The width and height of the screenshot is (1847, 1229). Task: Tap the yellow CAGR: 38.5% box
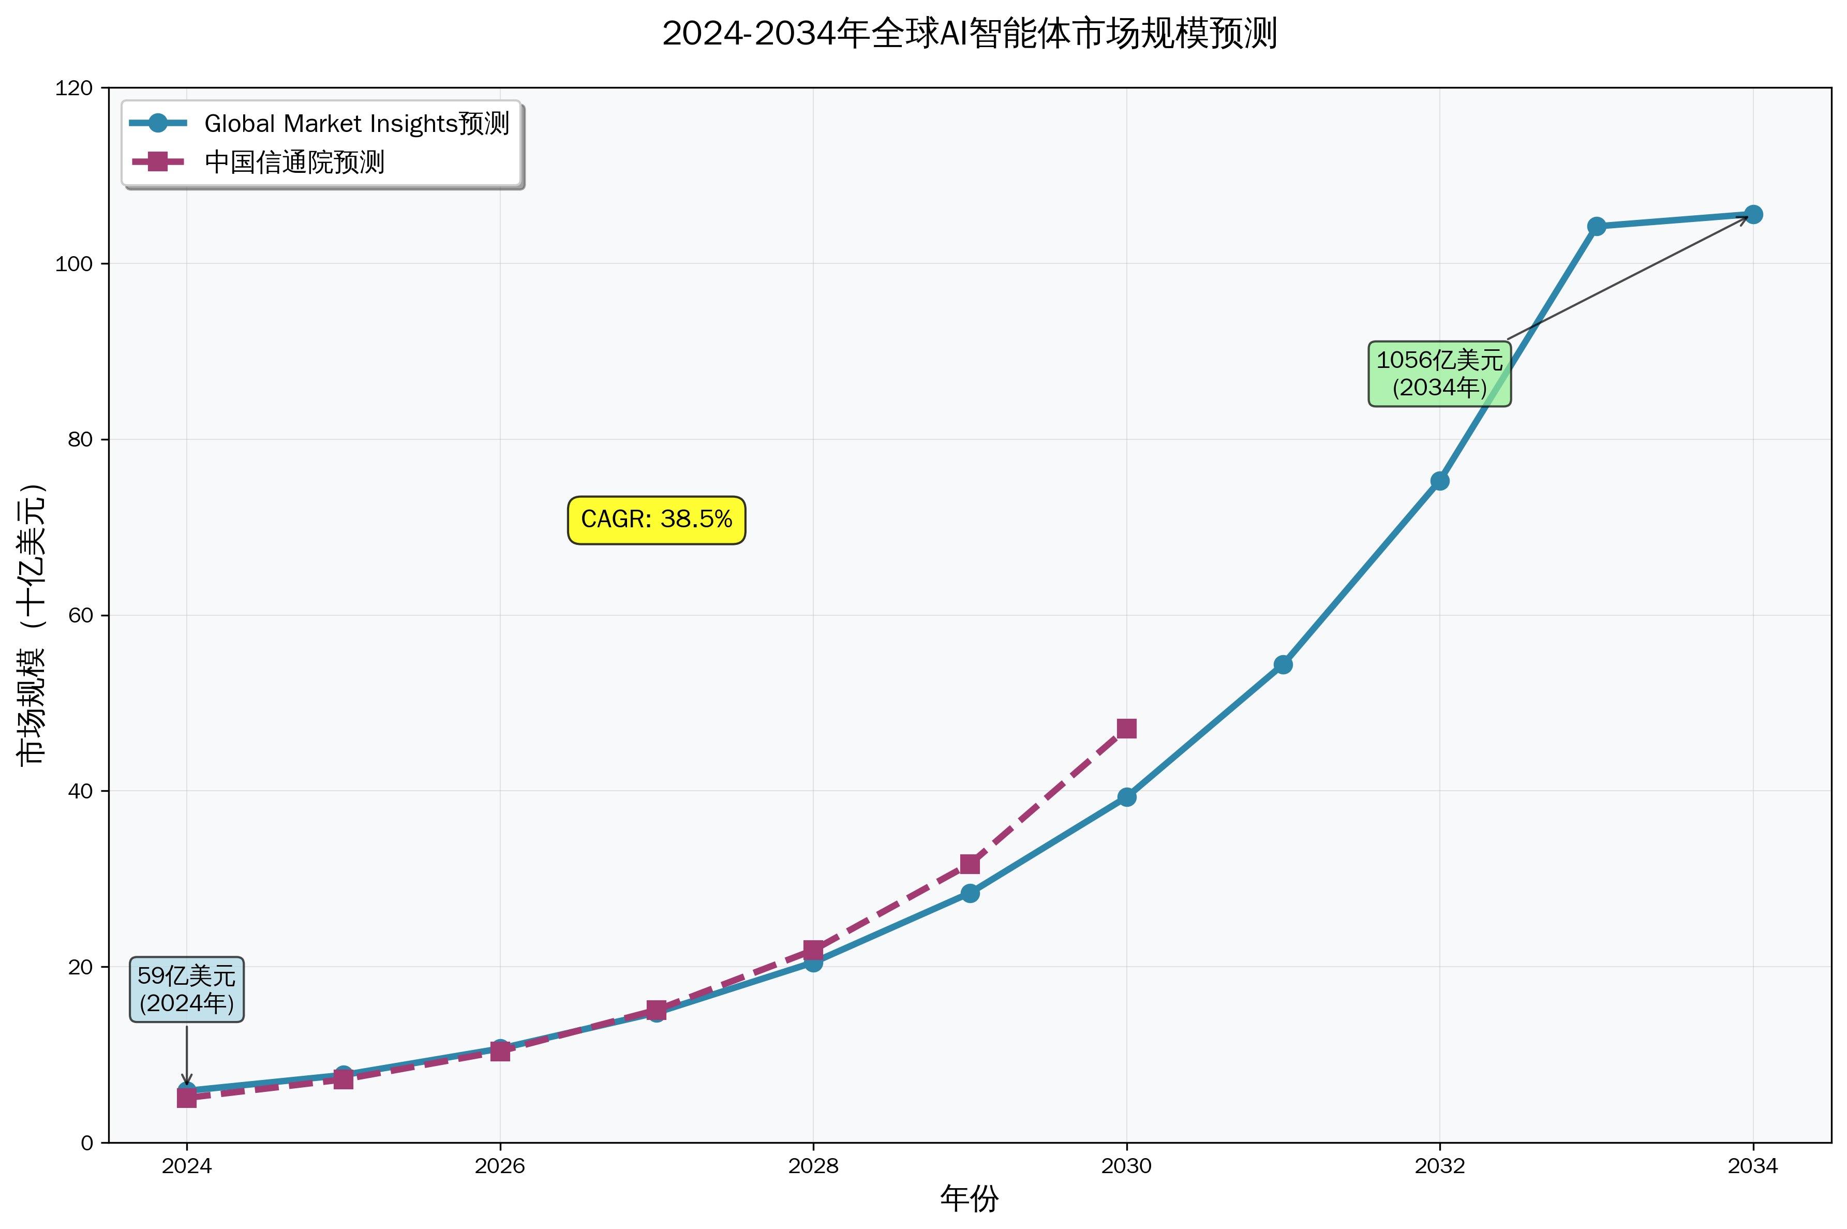tap(656, 520)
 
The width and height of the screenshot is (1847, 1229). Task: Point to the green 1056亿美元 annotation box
tap(1439, 374)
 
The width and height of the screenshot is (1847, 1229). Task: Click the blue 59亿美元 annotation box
tap(186, 989)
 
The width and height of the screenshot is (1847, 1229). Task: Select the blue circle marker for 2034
tap(1753, 215)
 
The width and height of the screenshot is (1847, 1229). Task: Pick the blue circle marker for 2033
tap(1596, 227)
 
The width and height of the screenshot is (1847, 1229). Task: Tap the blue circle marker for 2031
tap(1283, 664)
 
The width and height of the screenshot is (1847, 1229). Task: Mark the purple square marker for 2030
tap(1126, 728)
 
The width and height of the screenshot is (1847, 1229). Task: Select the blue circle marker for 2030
tap(1126, 797)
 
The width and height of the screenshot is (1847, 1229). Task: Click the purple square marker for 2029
tap(970, 864)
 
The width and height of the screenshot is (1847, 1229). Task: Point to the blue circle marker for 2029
tap(970, 893)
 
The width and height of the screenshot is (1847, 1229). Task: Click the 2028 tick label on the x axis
tap(813, 1167)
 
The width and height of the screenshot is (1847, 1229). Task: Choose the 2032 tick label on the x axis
tap(1439, 1167)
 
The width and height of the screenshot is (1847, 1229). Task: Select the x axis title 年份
tap(970, 1199)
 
